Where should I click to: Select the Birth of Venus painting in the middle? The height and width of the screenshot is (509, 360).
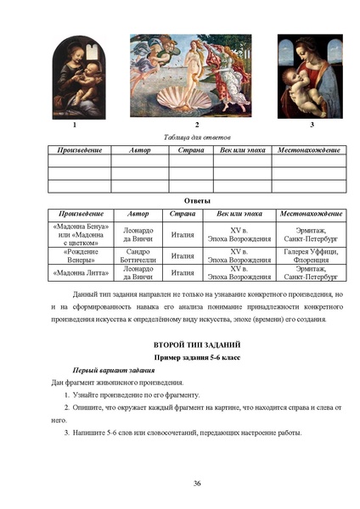pos(196,75)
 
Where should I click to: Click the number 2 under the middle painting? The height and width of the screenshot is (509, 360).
pos(196,125)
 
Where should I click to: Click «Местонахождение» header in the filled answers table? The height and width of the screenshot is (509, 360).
pos(311,214)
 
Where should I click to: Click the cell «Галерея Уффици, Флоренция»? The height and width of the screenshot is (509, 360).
pos(311,255)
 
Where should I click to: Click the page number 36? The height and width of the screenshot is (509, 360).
pos(196,483)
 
